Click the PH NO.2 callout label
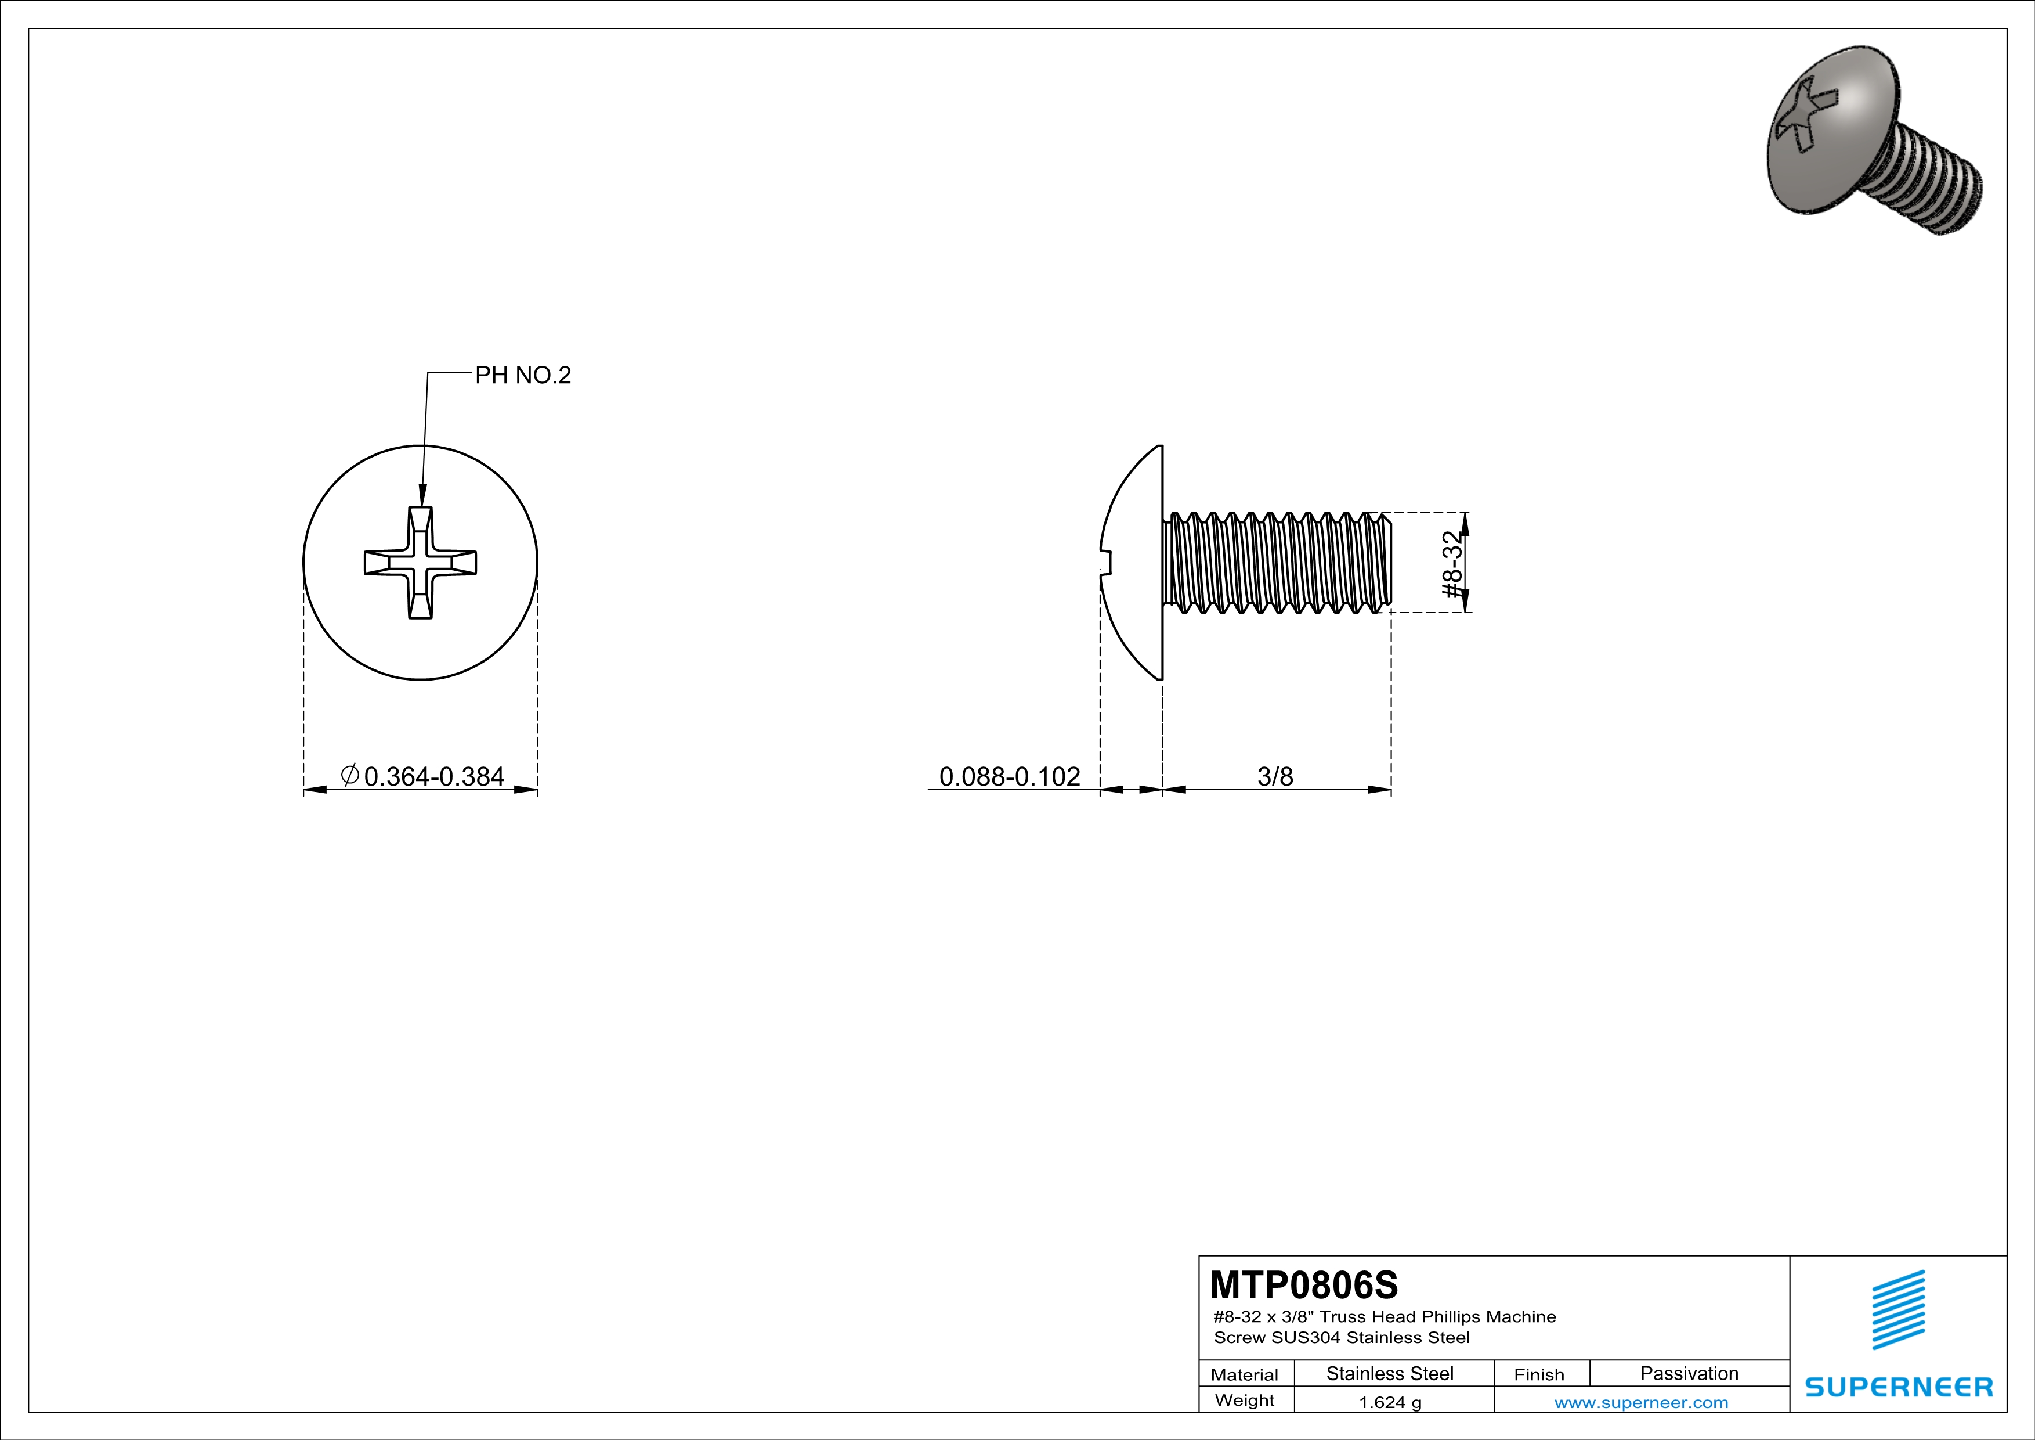pyautogui.click(x=523, y=375)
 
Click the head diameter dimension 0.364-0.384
pyautogui.click(x=433, y=777)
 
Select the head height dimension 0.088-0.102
pyautogui.click(x=1010, y=777)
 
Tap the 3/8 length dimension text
pyautogui.click(x=1274, y=777)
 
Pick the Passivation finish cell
pyautogui.click(x=1689, y=1373)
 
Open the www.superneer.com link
pyautogui.click(x=1640, y=1402)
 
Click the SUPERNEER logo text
pyautogui.click(x=1899, y=1387)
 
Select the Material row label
pyautogui.click(x=1245, y=1374)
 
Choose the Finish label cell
pyautogui.click(x=1539, y=1374)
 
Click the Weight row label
pyautogui.click(x=1245, y=1400)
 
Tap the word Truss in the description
pyautogui.click(x=1343, y=1317)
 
